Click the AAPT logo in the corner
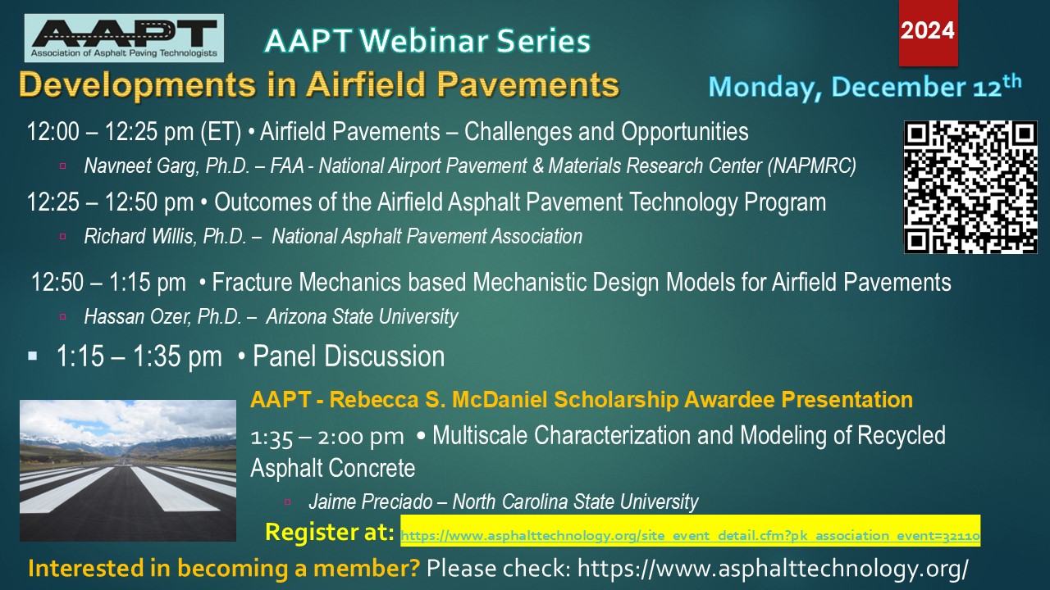coord(124,39)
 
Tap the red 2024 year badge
coord(928,33)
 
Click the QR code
coord(970,187)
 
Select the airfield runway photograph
coord(128,470)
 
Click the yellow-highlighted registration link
coord(690,536)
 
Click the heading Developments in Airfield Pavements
coord(319,84)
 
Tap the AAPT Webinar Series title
coord(427,40)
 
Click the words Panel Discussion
coord(349,356)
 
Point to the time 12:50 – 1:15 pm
coord(108,283)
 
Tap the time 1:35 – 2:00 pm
coord(326,436)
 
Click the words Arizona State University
coord(362,316)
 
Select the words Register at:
coord(330,533)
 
